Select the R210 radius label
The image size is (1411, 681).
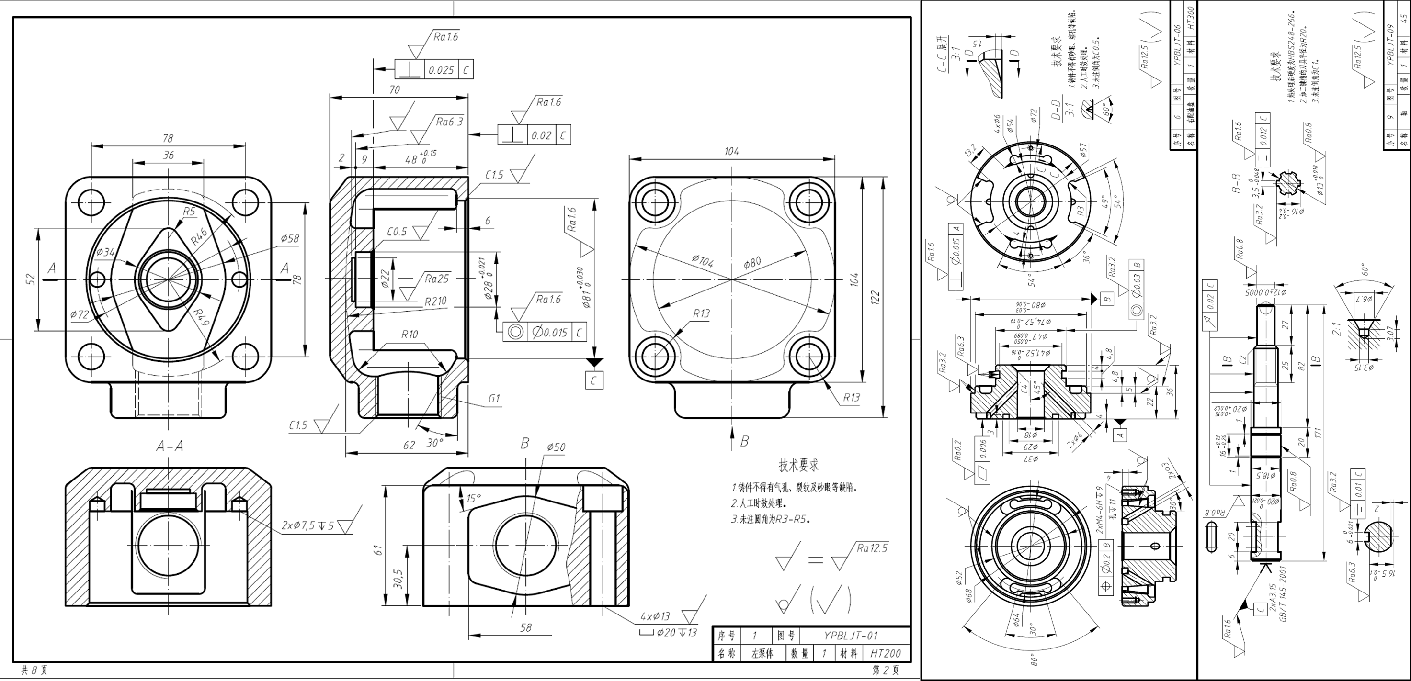point(435,301)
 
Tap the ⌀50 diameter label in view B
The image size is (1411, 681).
point(556,447)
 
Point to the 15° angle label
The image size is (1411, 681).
point(474,499)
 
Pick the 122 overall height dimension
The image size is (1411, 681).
point(875,297)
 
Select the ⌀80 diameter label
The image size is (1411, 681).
point(752,263)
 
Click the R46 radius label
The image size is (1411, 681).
point(199,236)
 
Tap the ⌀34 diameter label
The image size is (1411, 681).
point(106,252)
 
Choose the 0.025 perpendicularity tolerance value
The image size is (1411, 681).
point(441,70)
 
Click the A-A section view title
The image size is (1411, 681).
point(170,447)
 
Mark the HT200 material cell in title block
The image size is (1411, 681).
point(885,653)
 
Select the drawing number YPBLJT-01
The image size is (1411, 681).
point(851,636)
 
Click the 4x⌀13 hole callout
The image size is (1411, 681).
point(655,616)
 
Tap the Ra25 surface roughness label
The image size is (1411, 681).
point(436,279)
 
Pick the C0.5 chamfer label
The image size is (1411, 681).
point(397,232)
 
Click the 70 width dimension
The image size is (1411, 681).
point(394,90)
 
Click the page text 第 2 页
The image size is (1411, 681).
point(885,670)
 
